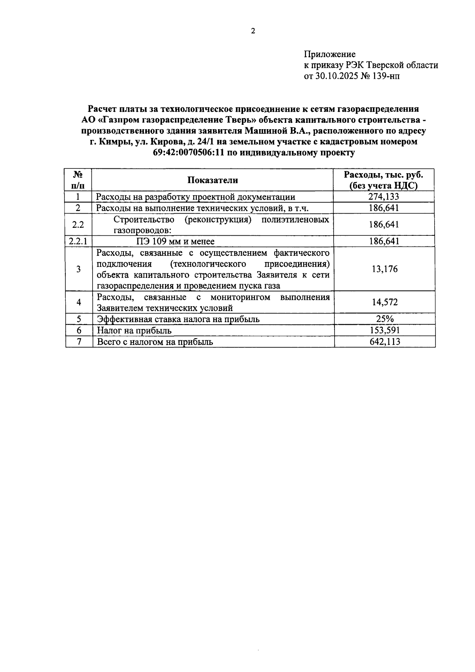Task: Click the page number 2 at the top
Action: pyautogui.click(x=253, y=31)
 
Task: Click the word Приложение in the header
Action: pyautogui.click(x=329, y=54)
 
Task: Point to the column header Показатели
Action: pyautogui.click(x=213, y=180)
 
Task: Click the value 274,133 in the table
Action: pyautogui.click(x=384, y=197)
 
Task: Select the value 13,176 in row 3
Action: pyautogui.click(x=384, y=269)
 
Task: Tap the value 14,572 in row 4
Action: pyautogui.click(x=384, y=302)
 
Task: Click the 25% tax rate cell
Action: pyautogui.click(x=384, y=319)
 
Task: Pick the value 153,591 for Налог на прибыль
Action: pyautogui.click(x=384, y=330)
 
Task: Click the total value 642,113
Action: pyautogui.click(x=384, y=342)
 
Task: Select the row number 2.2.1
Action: pyautogui.click(x=78, y=241)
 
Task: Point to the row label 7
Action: pyautogui.click(x=79, y=342)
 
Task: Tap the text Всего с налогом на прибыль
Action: pyautogui.click(x=155, y=342)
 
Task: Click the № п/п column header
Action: pyautogui.click(x=78, y=180)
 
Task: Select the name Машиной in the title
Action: pyautogui.click(x=265, y=131)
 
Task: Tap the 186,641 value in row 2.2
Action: pyautogui.click(x=384, y=225)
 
